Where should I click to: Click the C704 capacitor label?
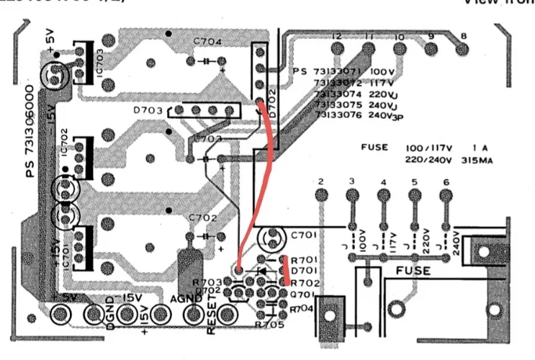(207, 41)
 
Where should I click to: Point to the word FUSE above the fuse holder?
(414, 271)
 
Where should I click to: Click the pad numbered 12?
(336, 48)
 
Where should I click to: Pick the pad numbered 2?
(321, 194)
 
